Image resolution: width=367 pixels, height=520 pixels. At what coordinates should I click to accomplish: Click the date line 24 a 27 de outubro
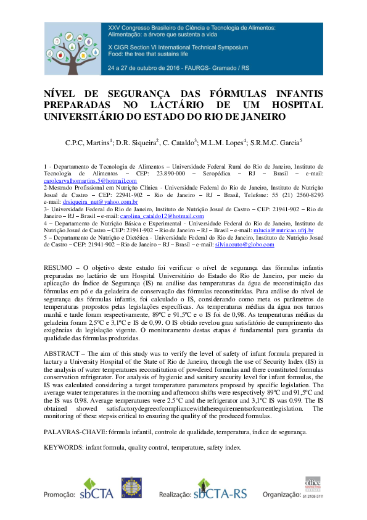[x=153, y=66]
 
